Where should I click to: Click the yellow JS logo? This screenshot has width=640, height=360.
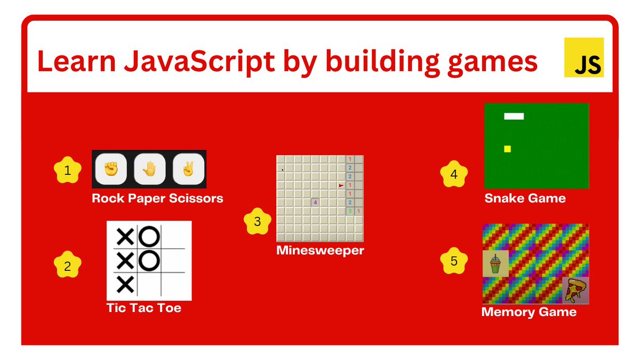coord(584,57)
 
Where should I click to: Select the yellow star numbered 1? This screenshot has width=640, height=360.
coord(67,171)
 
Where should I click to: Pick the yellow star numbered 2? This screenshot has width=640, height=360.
coord(67,266)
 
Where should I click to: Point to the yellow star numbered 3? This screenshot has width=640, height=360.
coord(258,221)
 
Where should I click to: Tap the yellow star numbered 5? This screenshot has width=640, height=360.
coord(454,261)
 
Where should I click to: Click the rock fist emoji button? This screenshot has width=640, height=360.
coord(110,170)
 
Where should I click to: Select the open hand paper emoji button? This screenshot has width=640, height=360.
coord(149,170)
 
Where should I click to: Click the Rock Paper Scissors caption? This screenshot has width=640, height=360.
coord(157,198)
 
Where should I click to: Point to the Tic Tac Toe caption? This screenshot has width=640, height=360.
coord(143,308)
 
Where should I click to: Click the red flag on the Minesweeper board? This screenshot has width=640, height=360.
coord(341,185)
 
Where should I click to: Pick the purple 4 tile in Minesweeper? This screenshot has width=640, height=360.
coord(315,203)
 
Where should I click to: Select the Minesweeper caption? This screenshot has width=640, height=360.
coord(320,250)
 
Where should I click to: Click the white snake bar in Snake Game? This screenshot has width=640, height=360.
coord(514,116)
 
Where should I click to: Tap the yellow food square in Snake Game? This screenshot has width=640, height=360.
coord(507,149)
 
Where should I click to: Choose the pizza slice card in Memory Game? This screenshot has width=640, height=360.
coord(575,291)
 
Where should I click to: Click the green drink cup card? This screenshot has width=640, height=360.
coord(495,264)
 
